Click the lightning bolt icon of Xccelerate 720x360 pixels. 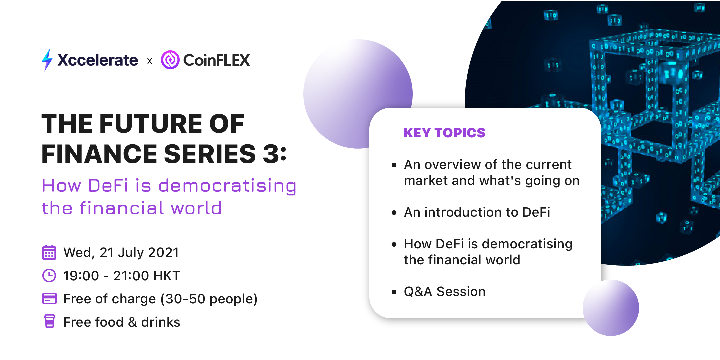47,60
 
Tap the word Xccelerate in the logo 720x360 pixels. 98,60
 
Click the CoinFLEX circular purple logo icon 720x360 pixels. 170,60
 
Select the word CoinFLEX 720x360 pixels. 217,60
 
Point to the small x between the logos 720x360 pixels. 150,61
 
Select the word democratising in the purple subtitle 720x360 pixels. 227,185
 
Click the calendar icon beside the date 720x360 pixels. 49,252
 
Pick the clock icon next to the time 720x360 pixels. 49,276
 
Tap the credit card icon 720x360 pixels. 49,299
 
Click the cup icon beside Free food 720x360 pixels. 50,321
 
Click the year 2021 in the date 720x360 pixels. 163,252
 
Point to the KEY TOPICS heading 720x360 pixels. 444,133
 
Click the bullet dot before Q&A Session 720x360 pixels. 394,292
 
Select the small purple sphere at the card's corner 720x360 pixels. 611,308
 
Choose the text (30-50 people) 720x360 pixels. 209,299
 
